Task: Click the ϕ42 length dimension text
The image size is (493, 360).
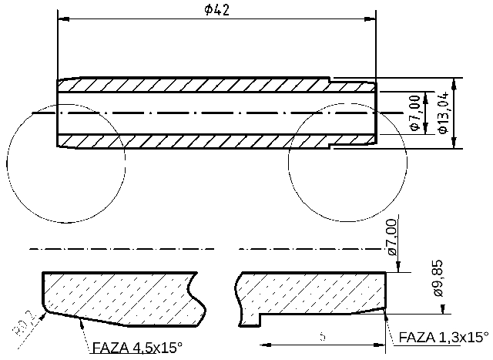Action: tap(218, 9)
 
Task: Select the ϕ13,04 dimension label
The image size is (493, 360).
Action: tap(442, 113)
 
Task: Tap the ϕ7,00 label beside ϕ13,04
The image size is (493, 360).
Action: tap(414, 113)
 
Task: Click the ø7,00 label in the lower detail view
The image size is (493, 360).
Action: tap(391, 237)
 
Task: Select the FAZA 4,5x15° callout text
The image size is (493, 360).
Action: tap(137, 347)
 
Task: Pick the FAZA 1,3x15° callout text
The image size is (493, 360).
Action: tap(444, 338)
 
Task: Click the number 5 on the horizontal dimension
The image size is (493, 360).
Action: tap(322, 337)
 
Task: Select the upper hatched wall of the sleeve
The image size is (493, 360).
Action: tap(193, 86)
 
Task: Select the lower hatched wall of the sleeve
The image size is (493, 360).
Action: tap(193, 140)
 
